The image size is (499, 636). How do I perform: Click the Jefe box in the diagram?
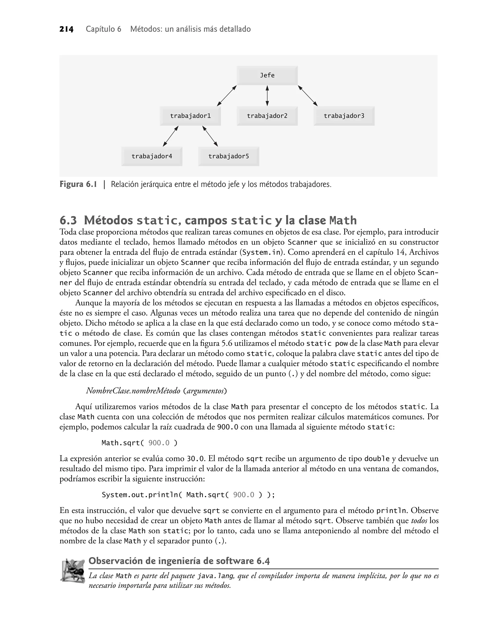[267, 75]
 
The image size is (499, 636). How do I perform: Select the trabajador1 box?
[190, 116]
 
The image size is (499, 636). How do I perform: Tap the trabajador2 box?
[267, 116]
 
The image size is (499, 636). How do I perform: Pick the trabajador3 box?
[344, 116]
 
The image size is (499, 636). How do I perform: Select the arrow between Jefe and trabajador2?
[267, 96]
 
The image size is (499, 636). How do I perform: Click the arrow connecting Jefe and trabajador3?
[308, 96]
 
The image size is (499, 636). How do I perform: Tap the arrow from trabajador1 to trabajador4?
[171, 136]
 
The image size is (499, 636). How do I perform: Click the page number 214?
[66, 29]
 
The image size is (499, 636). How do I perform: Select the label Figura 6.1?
[78, 185]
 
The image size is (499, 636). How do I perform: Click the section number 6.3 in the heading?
[68, 220]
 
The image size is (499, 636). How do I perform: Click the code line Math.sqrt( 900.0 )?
[139, 443]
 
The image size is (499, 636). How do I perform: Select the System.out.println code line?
[188, 495]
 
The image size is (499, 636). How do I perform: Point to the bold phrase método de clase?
[112, 333]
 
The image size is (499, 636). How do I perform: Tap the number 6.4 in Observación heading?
[263, 561]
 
